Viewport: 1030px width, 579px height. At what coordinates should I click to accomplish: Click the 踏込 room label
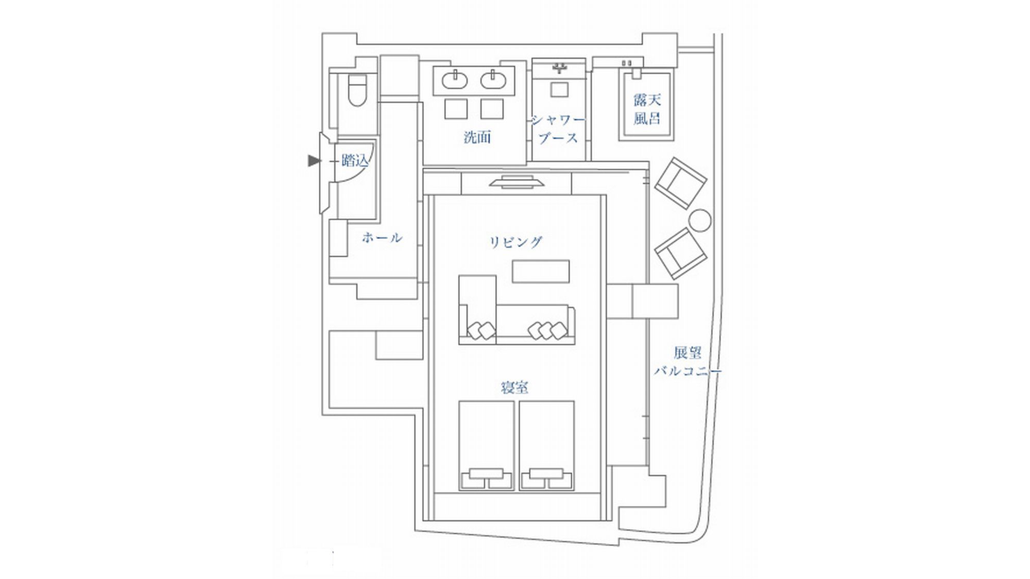point(355,161)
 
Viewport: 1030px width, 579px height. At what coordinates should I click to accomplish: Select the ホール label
point(382,238)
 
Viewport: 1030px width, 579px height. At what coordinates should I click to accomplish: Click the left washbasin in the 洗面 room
point(455,80)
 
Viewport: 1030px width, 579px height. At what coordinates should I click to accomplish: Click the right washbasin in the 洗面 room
point(494,80)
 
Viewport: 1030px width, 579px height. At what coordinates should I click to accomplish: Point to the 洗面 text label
point(477,137)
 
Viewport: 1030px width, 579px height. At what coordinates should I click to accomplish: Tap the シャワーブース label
point(558,129)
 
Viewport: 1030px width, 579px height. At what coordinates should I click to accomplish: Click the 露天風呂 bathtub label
point(647,109)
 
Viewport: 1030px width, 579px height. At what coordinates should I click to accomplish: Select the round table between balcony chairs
point(700,220)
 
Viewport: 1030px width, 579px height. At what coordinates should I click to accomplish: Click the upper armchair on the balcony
point(680,183)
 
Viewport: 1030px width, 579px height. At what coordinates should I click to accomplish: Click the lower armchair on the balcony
point(680,253)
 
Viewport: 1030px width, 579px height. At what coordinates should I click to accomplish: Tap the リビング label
point(516,242)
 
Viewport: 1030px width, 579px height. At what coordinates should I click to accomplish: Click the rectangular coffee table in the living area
point(540,271)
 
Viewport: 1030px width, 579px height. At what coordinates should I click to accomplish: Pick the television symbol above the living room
point(517,182)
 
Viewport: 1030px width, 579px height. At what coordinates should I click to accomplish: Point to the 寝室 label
point(514,388)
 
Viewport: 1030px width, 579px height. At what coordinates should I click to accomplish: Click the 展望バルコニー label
point(688,362)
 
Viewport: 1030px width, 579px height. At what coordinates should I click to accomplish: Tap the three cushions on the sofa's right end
point(547,330)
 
